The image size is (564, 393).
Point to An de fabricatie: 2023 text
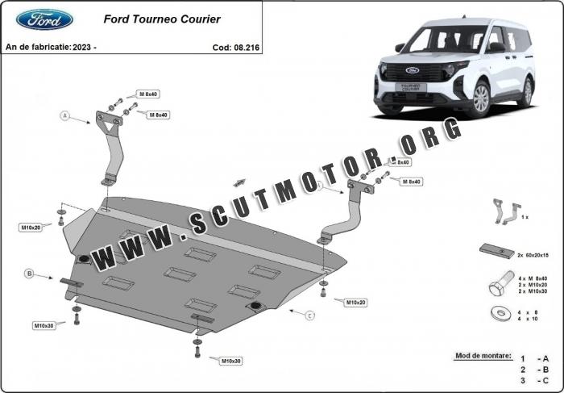point(51,48)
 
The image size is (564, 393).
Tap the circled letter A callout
point(65,115)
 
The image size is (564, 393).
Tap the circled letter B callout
point(29,274)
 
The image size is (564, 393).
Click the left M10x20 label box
point(31,228)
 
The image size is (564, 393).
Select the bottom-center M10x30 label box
point(231,360)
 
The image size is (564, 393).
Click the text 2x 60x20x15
point(532,254)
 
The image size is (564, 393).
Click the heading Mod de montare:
point(481,355)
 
